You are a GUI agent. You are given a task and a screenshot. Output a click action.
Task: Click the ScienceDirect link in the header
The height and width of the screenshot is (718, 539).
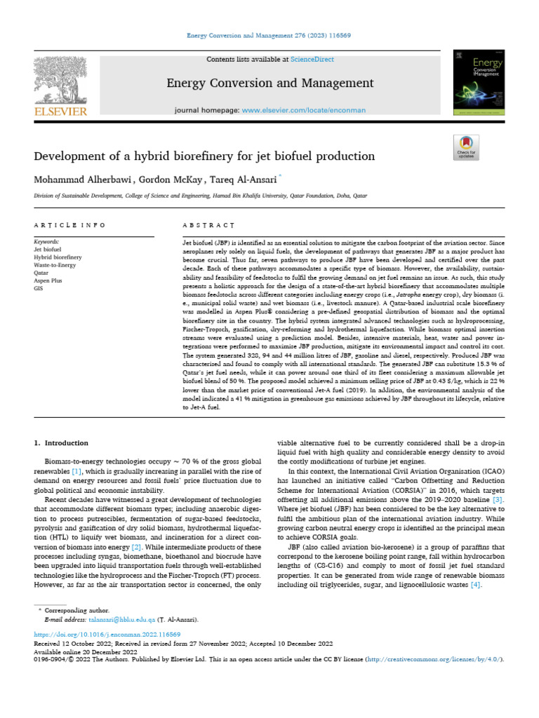click(312, 60)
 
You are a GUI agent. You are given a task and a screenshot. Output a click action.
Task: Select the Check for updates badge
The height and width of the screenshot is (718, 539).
click(466, 149)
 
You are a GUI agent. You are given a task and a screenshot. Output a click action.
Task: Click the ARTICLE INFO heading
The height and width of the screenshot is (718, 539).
click(69, 226)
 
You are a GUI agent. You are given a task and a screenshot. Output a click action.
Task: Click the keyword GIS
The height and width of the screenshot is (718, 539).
click(39, 287)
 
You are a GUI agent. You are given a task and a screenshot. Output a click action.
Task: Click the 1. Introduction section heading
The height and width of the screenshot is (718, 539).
click(62, 443)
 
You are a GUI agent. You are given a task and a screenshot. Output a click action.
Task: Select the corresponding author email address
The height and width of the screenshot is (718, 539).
click(109, 621)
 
